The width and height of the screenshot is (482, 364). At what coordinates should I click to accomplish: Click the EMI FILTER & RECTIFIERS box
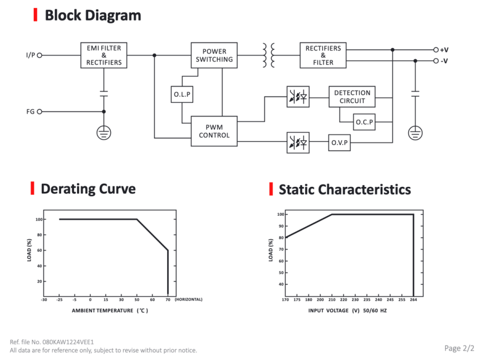tap(103, 55)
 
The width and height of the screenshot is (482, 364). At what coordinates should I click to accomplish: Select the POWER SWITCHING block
tap(214, 55)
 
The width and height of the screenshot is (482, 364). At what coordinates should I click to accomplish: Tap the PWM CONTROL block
tap(214, 131)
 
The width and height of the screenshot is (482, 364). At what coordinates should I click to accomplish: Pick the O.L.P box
tap(182, 94)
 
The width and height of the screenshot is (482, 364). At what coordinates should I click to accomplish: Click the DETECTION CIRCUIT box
tap(352, 97)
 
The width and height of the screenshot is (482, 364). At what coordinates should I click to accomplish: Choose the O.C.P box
tap(364, 122)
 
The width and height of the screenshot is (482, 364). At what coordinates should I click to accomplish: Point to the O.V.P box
tap(340, 142)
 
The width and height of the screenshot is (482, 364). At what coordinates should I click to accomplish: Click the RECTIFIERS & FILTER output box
tap(323, 55)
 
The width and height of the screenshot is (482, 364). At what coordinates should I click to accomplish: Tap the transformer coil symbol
tap(268, 55)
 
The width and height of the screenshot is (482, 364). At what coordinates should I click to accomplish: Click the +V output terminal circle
tap(436, 50)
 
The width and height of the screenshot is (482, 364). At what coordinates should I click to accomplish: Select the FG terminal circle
tap(39, 111)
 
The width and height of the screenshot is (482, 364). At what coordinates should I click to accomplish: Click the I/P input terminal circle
tap(39, 55)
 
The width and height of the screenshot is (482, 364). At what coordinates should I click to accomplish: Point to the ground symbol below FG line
tap(104, 133)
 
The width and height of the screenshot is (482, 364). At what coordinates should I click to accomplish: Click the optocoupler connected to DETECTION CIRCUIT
tap(298, 97)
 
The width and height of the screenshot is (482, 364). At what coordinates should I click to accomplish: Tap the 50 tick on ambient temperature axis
tap(137, 299)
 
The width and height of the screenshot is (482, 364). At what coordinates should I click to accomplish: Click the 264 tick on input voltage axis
tap(413, 299)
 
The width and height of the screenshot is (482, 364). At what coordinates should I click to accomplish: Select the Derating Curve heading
tap(88, 189)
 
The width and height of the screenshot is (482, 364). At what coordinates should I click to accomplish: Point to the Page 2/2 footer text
tap(460, 348)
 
